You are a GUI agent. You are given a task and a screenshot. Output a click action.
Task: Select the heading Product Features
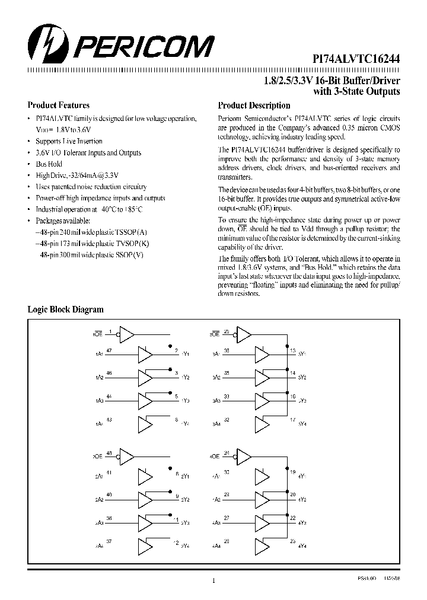[59, 105]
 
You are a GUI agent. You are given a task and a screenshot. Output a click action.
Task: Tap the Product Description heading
[253, 106]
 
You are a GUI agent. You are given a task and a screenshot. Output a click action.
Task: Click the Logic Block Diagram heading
[66, 309]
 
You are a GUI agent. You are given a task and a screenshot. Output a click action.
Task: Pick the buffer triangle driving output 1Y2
[145, 378]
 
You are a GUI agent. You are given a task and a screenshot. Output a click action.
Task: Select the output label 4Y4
[302, 545]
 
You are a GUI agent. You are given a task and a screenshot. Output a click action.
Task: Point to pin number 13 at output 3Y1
[293, 351]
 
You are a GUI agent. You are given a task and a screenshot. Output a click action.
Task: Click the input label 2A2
[99, 500]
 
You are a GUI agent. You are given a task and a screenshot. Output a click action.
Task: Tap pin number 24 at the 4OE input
[227, 452]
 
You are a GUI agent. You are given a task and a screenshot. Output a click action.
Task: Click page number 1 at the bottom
[213, 580]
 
